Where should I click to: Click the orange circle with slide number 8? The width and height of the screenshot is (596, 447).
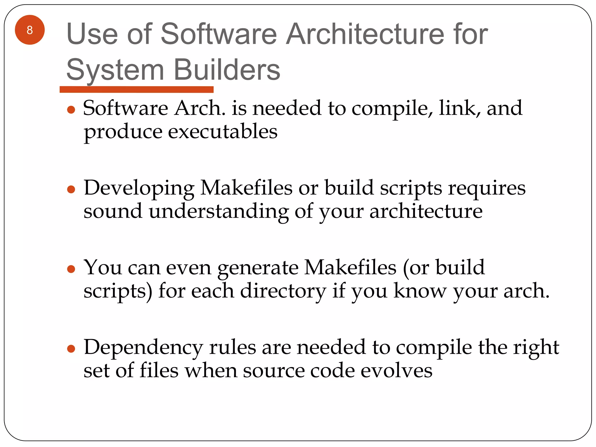tap(30, 30)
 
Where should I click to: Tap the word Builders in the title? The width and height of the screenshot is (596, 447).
tap(227, 70)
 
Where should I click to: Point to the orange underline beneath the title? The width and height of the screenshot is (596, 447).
tap(136, 89)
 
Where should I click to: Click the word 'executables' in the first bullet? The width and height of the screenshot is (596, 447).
tap(223, 132)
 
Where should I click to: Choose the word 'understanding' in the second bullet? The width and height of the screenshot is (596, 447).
tap(219, 211)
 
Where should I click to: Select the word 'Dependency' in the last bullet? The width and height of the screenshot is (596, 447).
tap(143, 348)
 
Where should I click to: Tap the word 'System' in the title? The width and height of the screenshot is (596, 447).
tap(115, 70)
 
